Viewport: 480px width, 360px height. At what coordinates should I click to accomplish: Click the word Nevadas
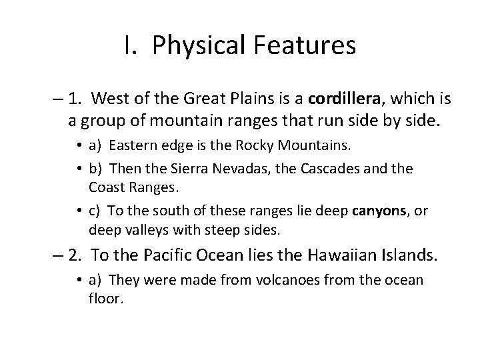[248, 169]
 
